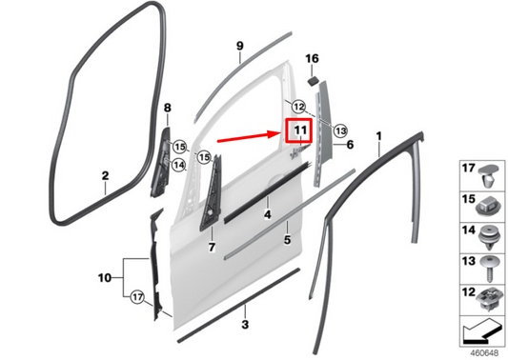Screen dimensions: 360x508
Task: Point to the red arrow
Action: click(x=250, y=139)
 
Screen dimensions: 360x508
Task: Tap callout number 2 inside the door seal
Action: click(x=106, y=175)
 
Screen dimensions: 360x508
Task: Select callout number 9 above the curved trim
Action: click(x=240, y=46)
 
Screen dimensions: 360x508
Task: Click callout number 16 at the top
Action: click(x=312, y=59)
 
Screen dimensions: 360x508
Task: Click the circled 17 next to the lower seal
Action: click(x=137, y=297)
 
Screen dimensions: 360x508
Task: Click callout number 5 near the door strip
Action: click(x=286, y=239)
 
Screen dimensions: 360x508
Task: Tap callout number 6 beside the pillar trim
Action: click(x=350, y=145)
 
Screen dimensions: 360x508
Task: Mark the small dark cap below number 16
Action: click(x=314, y=77)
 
